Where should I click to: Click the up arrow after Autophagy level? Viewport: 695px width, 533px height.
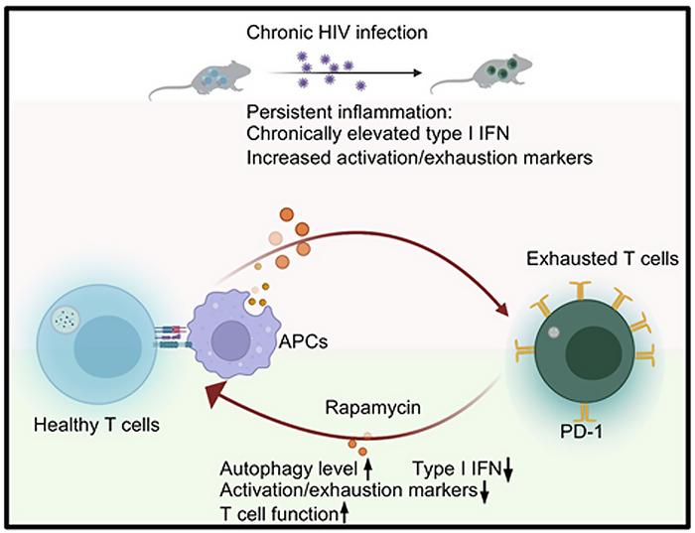368,466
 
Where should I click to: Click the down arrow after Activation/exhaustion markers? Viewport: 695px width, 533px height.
483,489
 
